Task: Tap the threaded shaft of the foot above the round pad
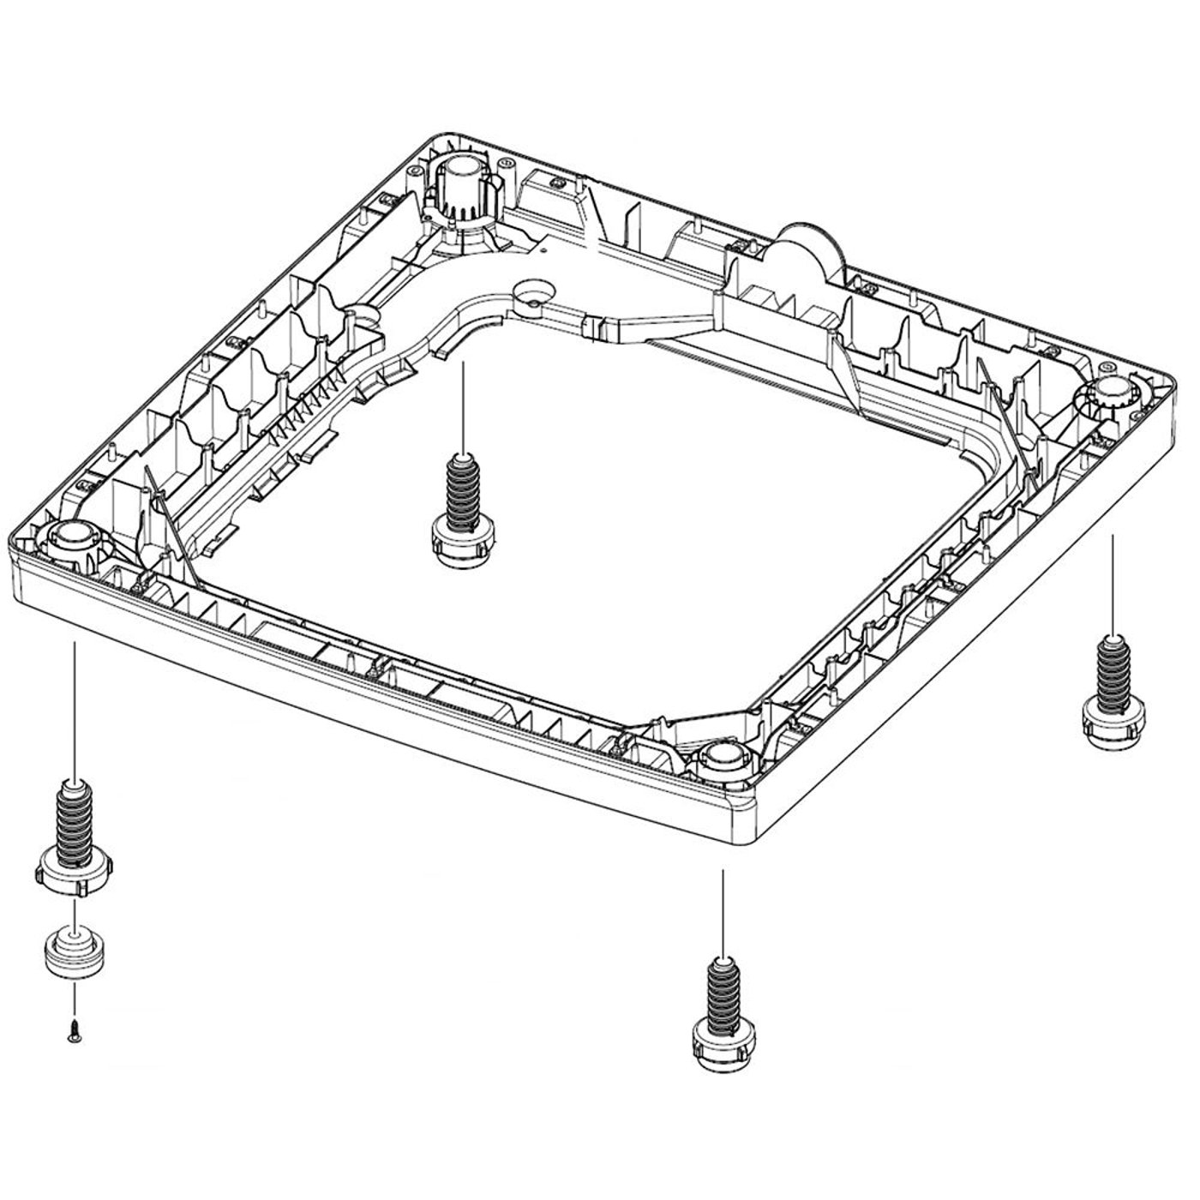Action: [74, 818]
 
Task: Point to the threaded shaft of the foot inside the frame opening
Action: [463, 492]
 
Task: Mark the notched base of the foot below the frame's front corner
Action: [723, 1044]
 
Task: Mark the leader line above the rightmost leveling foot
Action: [1112, 583]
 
